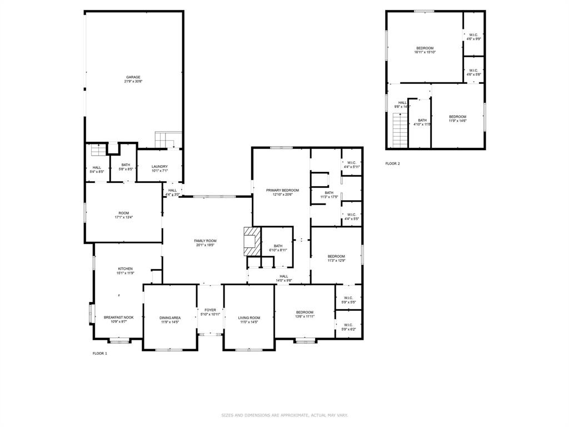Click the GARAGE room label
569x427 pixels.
(x=133, y=77)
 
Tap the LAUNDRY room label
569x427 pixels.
(x=159, y=166)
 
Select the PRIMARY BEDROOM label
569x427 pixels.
(x=282, y=190)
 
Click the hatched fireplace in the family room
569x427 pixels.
(x=252, y=241)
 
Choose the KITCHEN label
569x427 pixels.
(x=125, y=269)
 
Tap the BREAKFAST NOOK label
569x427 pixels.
(x=118, y=317)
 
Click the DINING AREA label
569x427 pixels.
(x=170, y=317)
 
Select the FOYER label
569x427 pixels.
(x=210, y=310)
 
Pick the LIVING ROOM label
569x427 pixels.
(x=249, y=317)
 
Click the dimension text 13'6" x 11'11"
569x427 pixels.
(x=305, y=316)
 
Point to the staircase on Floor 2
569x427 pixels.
(x=400, y=130)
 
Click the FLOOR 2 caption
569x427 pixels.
(x=392, y=163)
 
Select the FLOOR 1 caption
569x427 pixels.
(x=99, y=353)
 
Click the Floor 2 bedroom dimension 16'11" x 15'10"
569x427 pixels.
(x=425, y=52)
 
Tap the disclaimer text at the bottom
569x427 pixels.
(x=284, y=415)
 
